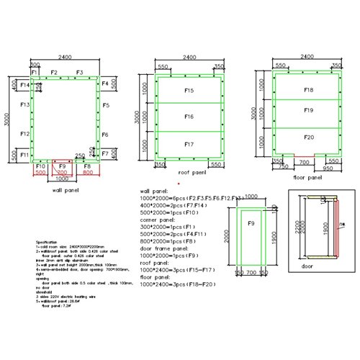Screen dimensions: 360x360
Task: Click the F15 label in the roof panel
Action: click(189, 91)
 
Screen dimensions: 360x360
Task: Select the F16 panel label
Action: click(189, 116)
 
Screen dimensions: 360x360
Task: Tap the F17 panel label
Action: click(189, 144)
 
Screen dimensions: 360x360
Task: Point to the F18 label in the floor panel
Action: click(308, 90)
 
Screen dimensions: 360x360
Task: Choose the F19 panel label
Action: click(308, 111)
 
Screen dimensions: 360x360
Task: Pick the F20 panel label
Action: click(308, 137)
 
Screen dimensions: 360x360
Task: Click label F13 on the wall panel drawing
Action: click(24, 105)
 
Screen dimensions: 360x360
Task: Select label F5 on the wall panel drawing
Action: click(105, 105)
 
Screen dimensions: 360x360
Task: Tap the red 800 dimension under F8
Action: click(88, 173)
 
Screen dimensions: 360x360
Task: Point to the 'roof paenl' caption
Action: click(192, 174)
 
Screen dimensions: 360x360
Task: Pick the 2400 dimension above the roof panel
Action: click(189, 56)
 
